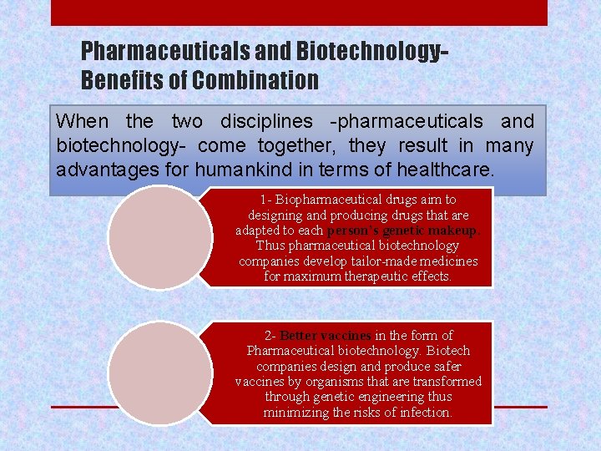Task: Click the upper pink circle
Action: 160,236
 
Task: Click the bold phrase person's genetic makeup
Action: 403,230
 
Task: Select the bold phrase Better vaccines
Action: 325,336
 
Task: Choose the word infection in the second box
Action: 422,413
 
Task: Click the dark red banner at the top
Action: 299,13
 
